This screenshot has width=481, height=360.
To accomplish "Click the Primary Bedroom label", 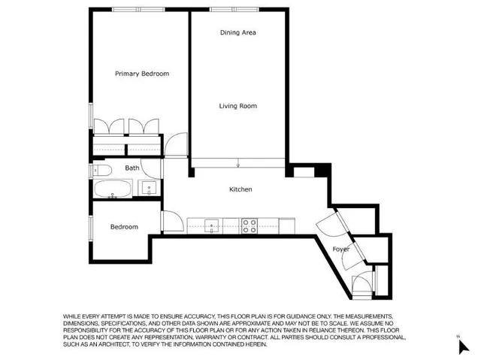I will (141, 74).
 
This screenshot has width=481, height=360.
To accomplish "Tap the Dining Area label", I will (239, 33).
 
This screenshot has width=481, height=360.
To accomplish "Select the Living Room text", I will (237, 106).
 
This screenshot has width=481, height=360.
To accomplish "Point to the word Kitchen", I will (240, 189).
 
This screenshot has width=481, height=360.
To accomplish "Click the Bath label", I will (132, 168).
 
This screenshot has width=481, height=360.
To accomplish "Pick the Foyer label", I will (340, 248).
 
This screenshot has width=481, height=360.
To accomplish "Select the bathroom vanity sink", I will (150, 187).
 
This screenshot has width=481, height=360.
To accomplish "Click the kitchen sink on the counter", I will (213, 223).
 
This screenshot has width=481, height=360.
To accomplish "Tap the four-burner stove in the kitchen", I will (250, 223).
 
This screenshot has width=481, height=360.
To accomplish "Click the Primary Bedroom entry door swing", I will (177, 145).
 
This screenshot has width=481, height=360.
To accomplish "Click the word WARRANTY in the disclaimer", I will (250, 337).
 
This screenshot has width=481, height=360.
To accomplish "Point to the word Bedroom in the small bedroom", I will (124, 227).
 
